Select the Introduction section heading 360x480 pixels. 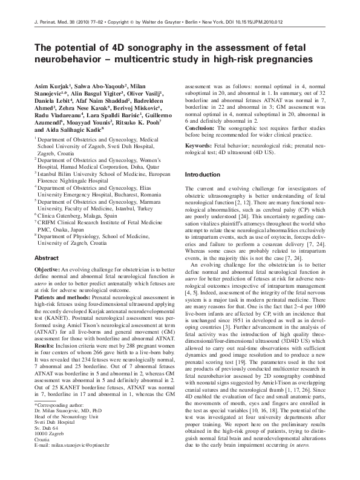pyautogui.click(x=203, y=174)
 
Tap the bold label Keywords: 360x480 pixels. pyautogui.click(x=199, y=146)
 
